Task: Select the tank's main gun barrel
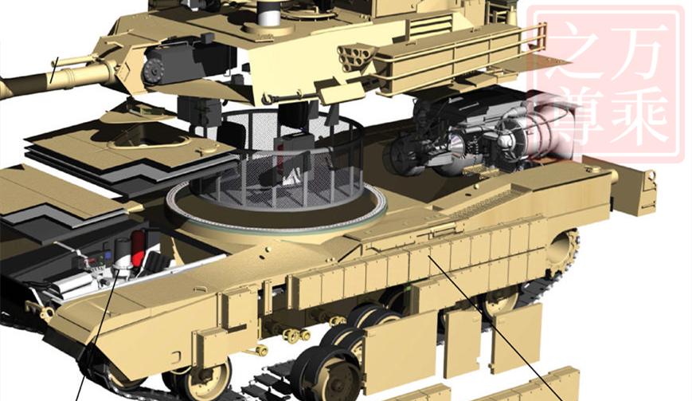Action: pyautogui.click(x=48, y=80)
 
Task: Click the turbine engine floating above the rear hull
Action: pyautogui.click(x=470, y=140)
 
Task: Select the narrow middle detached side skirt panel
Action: pyautogui.click(x=461, y=342)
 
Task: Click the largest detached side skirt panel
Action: pyautogui.click(x=401, y=352)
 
